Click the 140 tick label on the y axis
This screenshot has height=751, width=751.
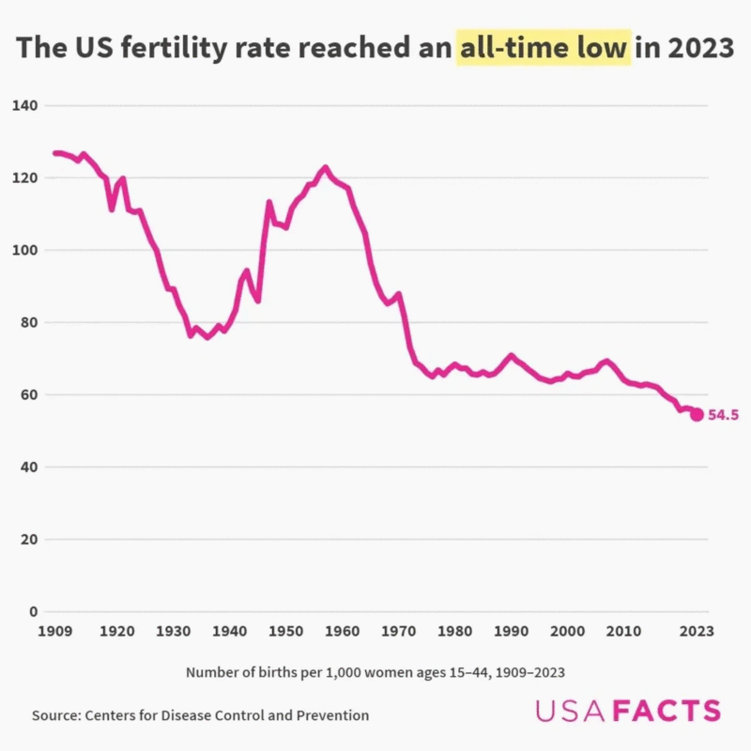(24, 105)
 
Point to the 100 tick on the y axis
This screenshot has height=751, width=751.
(24, 250)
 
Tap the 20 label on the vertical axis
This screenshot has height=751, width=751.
(28, 540)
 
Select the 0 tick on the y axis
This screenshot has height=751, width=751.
(33, 612)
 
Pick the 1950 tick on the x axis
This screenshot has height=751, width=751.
(286, 631)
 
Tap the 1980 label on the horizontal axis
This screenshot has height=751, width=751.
(454, 631)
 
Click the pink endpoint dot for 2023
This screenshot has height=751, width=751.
(697, 414)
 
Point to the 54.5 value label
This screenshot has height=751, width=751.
(724, 414)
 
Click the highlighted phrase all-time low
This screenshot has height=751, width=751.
(542, 48)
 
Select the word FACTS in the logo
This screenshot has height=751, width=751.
(667, 711)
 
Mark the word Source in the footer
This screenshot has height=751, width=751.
(55, 715)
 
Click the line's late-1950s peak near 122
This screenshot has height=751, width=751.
(326, 168)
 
